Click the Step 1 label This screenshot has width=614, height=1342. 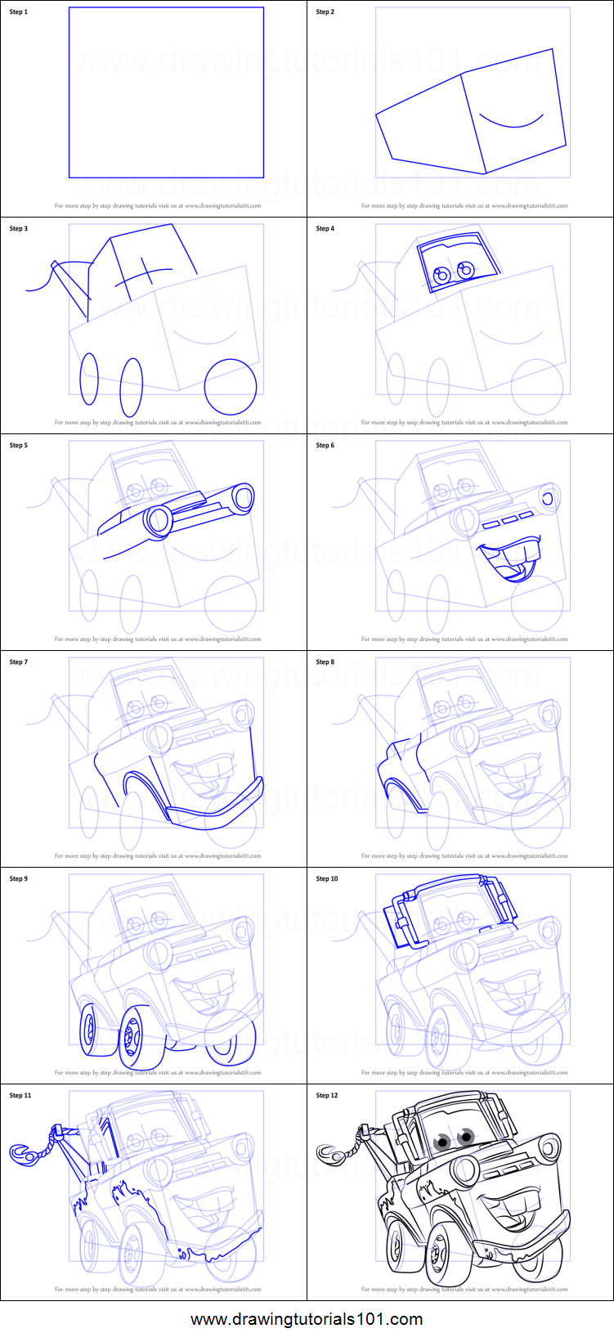(x=18, y=12)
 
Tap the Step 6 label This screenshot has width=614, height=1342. (x=325, y=446)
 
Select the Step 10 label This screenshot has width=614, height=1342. (x=327, y=879)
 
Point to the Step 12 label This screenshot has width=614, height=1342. (x=327, y=1096)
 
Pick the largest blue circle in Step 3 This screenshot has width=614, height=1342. (x=231, y=387)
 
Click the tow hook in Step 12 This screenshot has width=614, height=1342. (x=329, y=1153)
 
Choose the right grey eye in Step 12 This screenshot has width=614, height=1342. (x=467, y=1135)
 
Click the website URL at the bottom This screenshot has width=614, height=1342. (x=307, y=1319)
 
